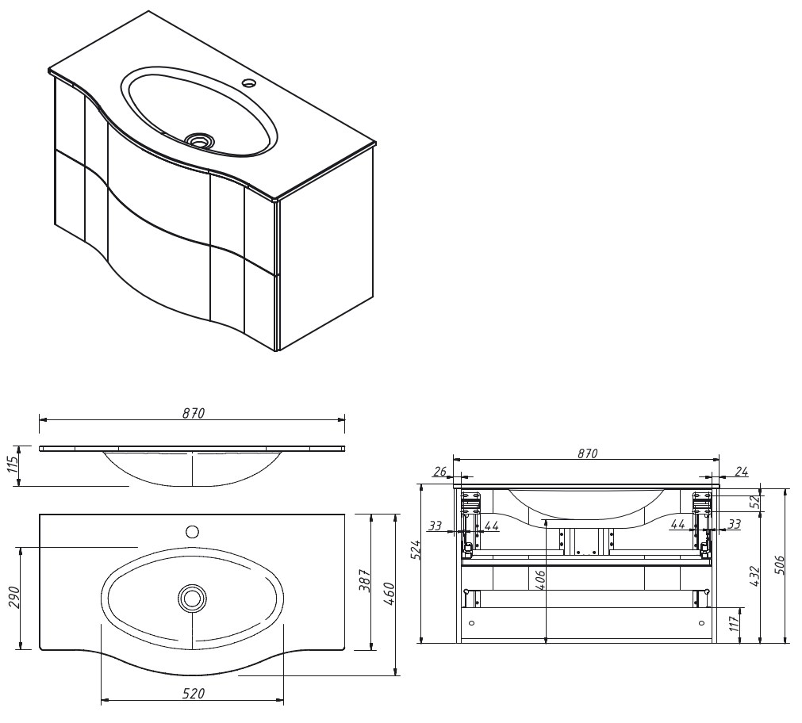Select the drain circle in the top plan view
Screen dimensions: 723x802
191,598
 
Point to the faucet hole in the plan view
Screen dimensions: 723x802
192,531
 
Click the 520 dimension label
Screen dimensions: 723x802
194,694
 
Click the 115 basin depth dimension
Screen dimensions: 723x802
13,465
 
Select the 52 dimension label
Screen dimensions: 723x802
754,501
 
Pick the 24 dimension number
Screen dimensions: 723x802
740,471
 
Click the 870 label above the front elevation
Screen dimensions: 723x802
586,453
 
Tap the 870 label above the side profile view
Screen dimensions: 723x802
194,413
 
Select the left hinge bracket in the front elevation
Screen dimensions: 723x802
471,501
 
